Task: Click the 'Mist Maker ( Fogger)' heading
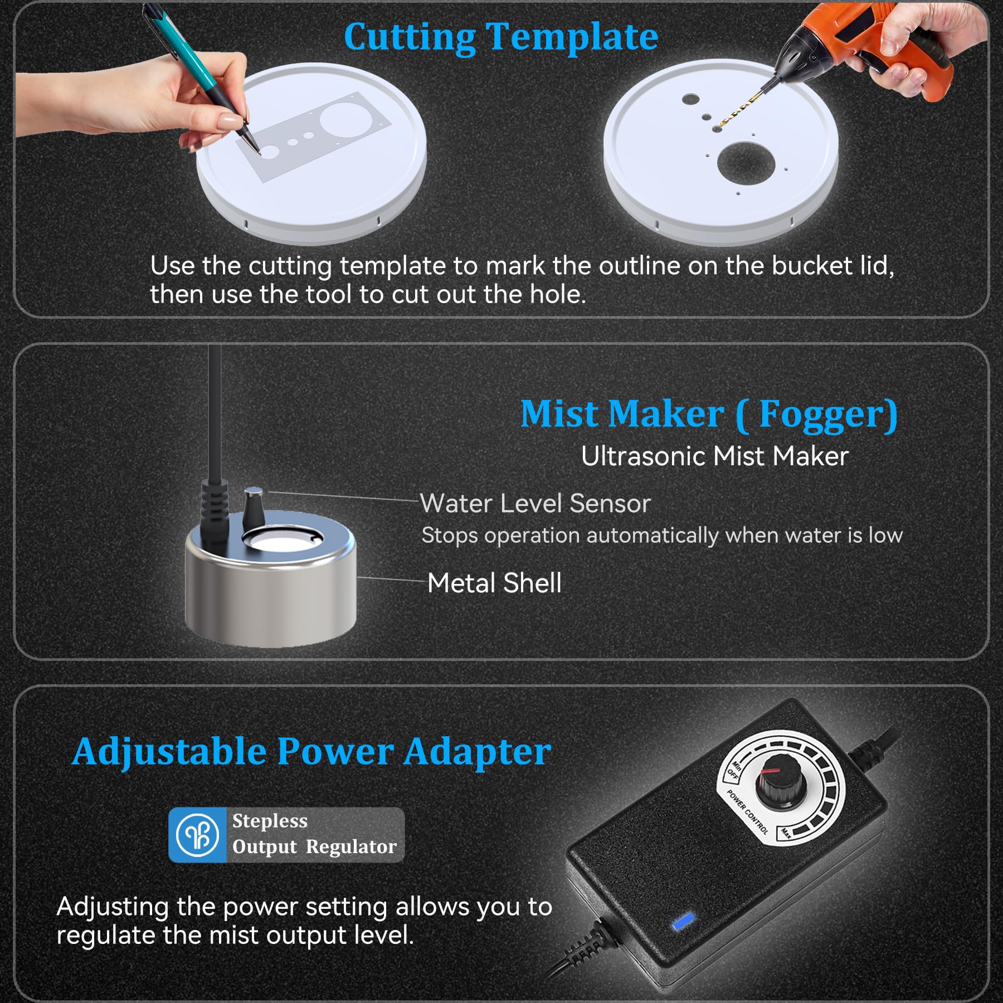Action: [709, 415]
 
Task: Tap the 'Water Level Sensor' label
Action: [535, 503]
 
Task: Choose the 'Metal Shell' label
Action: [494, 583]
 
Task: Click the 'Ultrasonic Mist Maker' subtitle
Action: [714, 456]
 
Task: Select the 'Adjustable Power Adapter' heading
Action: [311, 752]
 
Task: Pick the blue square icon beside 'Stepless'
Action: [197, 835]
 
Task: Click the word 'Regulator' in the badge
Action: [351, 847]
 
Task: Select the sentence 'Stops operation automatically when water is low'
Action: [662, 535]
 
